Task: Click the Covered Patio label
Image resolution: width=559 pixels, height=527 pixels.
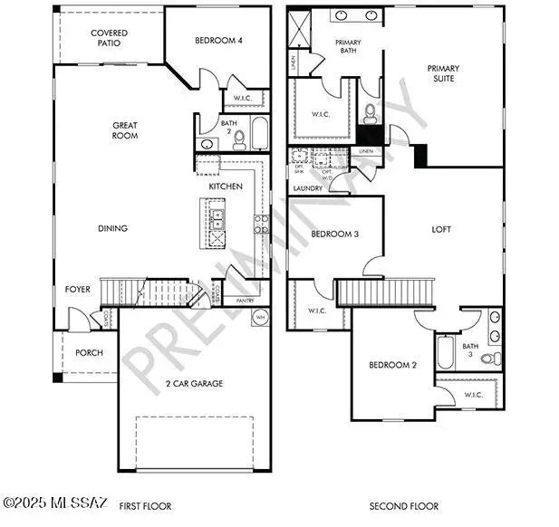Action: (x=109, y=38)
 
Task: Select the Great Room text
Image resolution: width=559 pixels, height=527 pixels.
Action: (x=125, y=130)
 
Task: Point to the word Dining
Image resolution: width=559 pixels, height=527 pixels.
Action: (x=112, y=228)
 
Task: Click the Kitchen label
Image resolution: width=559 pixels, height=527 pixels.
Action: (x=226, y=186)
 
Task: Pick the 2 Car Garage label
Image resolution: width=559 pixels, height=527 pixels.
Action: (x=194, y=383)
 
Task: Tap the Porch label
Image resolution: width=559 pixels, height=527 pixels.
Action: (x=89, y=353)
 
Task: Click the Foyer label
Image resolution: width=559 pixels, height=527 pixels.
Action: (x=78, y=290)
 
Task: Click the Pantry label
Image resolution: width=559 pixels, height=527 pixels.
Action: (x=245, y=301)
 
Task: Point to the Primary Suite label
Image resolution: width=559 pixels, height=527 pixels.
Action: (x=444, y=73)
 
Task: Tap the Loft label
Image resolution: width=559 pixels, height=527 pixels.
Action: (x=441, y=229)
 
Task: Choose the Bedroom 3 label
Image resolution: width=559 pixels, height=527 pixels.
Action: (x=335, y=234)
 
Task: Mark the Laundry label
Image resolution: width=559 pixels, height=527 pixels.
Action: (x=308, y=188)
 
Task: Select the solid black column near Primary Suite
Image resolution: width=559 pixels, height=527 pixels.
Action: (x=420, y=155)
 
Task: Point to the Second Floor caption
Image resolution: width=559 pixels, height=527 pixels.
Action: (x=404, y=505)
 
